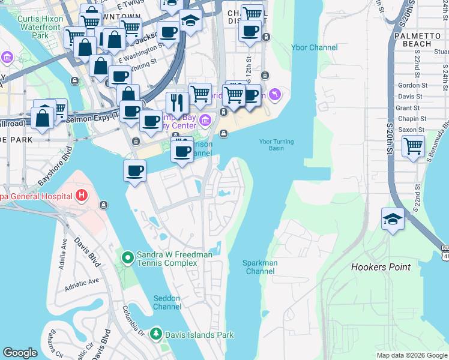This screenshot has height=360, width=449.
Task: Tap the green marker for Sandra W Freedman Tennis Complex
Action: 127,258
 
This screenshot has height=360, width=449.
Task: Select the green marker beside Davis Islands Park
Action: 156,334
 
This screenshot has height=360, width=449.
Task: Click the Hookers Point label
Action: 381,267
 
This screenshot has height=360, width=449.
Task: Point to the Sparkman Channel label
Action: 258,267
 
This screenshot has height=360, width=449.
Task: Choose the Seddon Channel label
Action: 167,302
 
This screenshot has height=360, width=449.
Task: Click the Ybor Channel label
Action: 314,47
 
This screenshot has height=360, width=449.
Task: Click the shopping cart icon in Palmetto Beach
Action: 413,146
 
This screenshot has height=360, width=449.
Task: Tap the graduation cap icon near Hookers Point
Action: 393,218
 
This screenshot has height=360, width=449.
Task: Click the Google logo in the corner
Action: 20,353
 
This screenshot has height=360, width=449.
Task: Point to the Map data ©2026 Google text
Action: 412,355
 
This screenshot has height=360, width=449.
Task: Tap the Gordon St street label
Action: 409,86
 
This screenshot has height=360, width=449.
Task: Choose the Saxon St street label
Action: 411,130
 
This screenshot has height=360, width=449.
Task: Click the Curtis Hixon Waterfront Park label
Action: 40,27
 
